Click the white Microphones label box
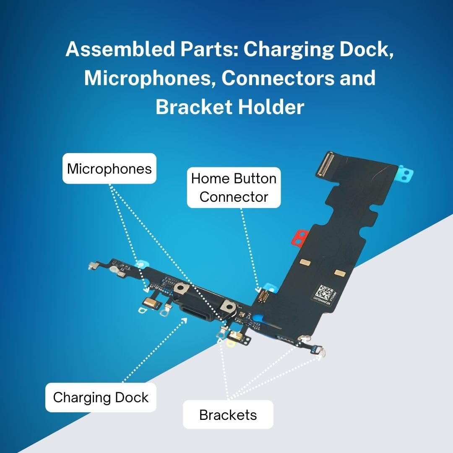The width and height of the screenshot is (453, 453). point(109,169)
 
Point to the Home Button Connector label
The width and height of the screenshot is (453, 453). point(234,187)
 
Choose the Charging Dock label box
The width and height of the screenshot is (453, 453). point(101,397)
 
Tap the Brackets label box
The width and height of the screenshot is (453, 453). point(228,414)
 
